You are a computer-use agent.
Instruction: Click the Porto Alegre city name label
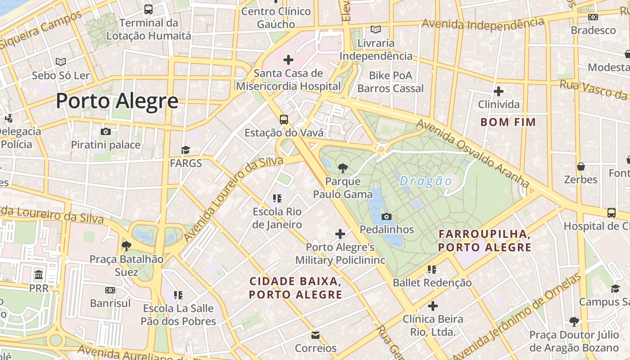[x=117, y=101]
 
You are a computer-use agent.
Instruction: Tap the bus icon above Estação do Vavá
[x=283, y=119]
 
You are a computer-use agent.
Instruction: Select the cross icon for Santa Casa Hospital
[x=288, y=59]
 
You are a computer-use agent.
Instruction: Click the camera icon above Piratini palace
[x=106, y=131]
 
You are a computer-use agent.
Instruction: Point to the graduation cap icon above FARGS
[x=185, y=150]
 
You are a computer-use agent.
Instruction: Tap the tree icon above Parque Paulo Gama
[x=342, y=168]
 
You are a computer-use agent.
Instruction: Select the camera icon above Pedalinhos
[x=386, y=216]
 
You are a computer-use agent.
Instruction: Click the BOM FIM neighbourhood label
[x=508, y=122]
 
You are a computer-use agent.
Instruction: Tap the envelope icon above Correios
[x=315, y=335]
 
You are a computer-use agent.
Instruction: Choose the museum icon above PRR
[x=39, y=274]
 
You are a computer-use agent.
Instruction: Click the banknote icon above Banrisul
[x=110, y=290]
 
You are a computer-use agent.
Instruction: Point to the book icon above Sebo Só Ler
[x=61, y=62]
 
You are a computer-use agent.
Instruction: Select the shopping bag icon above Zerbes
[x=581, y=166]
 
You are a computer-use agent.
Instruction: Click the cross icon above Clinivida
[x=498, y=91]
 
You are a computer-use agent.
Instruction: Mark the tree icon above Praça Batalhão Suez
[x=126, y=246]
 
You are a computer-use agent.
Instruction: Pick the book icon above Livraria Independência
[x=376, y=30]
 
